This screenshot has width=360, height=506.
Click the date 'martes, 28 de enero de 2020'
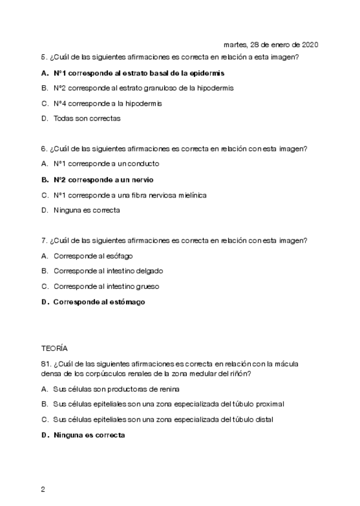click(270, 45)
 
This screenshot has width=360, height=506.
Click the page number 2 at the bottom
click(43, 490)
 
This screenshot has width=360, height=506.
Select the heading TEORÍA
click(54, 347)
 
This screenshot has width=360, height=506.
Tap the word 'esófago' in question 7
click(119, 256)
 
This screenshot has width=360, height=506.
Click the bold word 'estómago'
click(127, 302)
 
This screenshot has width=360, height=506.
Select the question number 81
click(45, 363)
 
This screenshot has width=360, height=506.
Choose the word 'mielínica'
click(191, 195)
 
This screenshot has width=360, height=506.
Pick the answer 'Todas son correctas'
click(87, 118)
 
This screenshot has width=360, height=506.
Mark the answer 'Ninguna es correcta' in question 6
click(87, 210)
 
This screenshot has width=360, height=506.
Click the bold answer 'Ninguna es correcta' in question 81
click(89, 435)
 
